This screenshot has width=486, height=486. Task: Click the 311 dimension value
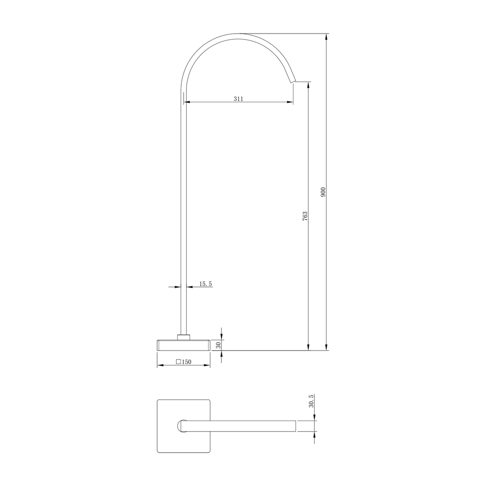coord(238,99)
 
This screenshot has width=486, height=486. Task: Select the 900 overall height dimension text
coord(323,192)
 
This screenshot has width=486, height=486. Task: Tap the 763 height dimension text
coord(305,216)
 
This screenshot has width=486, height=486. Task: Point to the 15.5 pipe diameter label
coord(205,283)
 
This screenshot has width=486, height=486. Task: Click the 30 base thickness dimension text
coord(218,345)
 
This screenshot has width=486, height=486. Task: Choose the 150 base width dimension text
coord(186,362)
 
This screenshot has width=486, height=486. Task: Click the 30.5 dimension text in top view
coord(311,400)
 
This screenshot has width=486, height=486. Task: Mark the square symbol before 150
coord(179,362)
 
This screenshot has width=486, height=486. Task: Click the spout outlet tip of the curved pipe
coord(293,81)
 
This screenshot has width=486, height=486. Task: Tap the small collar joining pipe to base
coord(184,337)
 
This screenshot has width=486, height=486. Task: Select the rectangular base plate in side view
coord(184,345)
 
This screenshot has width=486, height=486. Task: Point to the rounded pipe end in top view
coord(181,426)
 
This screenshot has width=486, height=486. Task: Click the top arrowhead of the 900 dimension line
coord(326,36)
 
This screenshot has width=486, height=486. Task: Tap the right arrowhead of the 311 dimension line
coord(290,102)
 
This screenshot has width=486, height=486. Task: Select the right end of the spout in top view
coord(295,426)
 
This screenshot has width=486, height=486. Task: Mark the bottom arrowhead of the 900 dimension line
coord(326,347)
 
